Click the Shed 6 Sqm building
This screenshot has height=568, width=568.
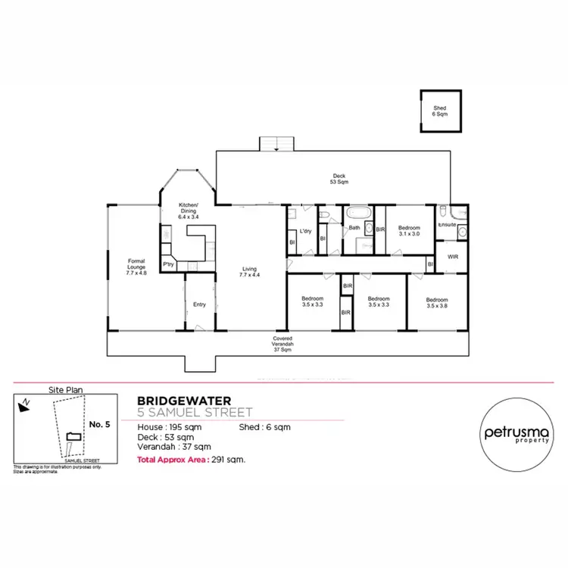(439, 111)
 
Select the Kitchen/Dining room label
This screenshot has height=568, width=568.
(189, 211)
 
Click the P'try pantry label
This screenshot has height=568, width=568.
(168, 264)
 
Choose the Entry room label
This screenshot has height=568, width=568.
(199, 304)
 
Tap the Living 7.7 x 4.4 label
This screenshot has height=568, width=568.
(250, 271)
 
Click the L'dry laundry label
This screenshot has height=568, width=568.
(306, 230)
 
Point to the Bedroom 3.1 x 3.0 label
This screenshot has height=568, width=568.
(410, 230)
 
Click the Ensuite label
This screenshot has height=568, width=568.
(447, 224)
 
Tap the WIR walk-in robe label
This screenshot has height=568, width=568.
(453, 257)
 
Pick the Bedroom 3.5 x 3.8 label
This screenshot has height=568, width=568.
(437, 302)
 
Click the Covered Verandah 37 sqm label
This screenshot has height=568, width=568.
(284, 344)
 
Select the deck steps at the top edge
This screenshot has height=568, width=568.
(276, 143)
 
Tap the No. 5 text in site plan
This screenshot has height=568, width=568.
(100, 424)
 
